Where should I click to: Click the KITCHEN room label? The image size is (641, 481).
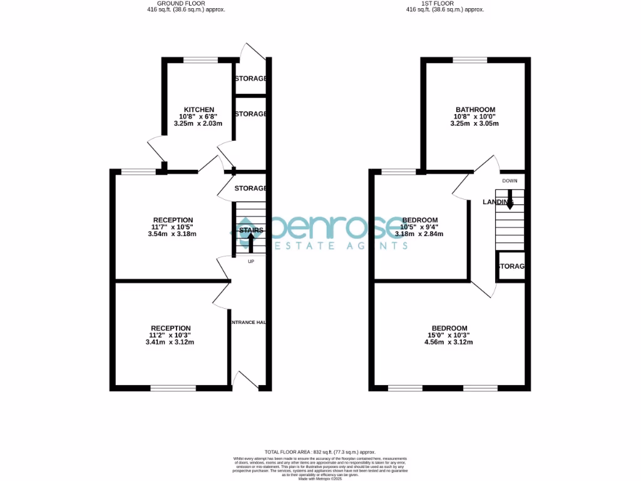coord(199,110)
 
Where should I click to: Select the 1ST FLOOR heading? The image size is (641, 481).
coord(444,3)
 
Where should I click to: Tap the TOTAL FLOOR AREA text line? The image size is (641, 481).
coord(320,452)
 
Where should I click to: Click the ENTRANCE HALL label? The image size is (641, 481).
coord(249,322)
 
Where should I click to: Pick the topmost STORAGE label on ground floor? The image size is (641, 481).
coord(250,79)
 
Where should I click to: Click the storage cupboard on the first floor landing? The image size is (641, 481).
coord(510,266)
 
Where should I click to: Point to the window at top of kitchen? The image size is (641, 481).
coord(200,60)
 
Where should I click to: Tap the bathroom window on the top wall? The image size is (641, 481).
coord(470,60)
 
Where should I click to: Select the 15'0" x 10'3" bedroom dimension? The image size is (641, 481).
coord(449,335)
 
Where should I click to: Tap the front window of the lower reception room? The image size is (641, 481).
coord(173,388)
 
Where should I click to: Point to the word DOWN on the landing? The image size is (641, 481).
coord(510,181)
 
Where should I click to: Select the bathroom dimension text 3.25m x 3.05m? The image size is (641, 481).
coord(475,123)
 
